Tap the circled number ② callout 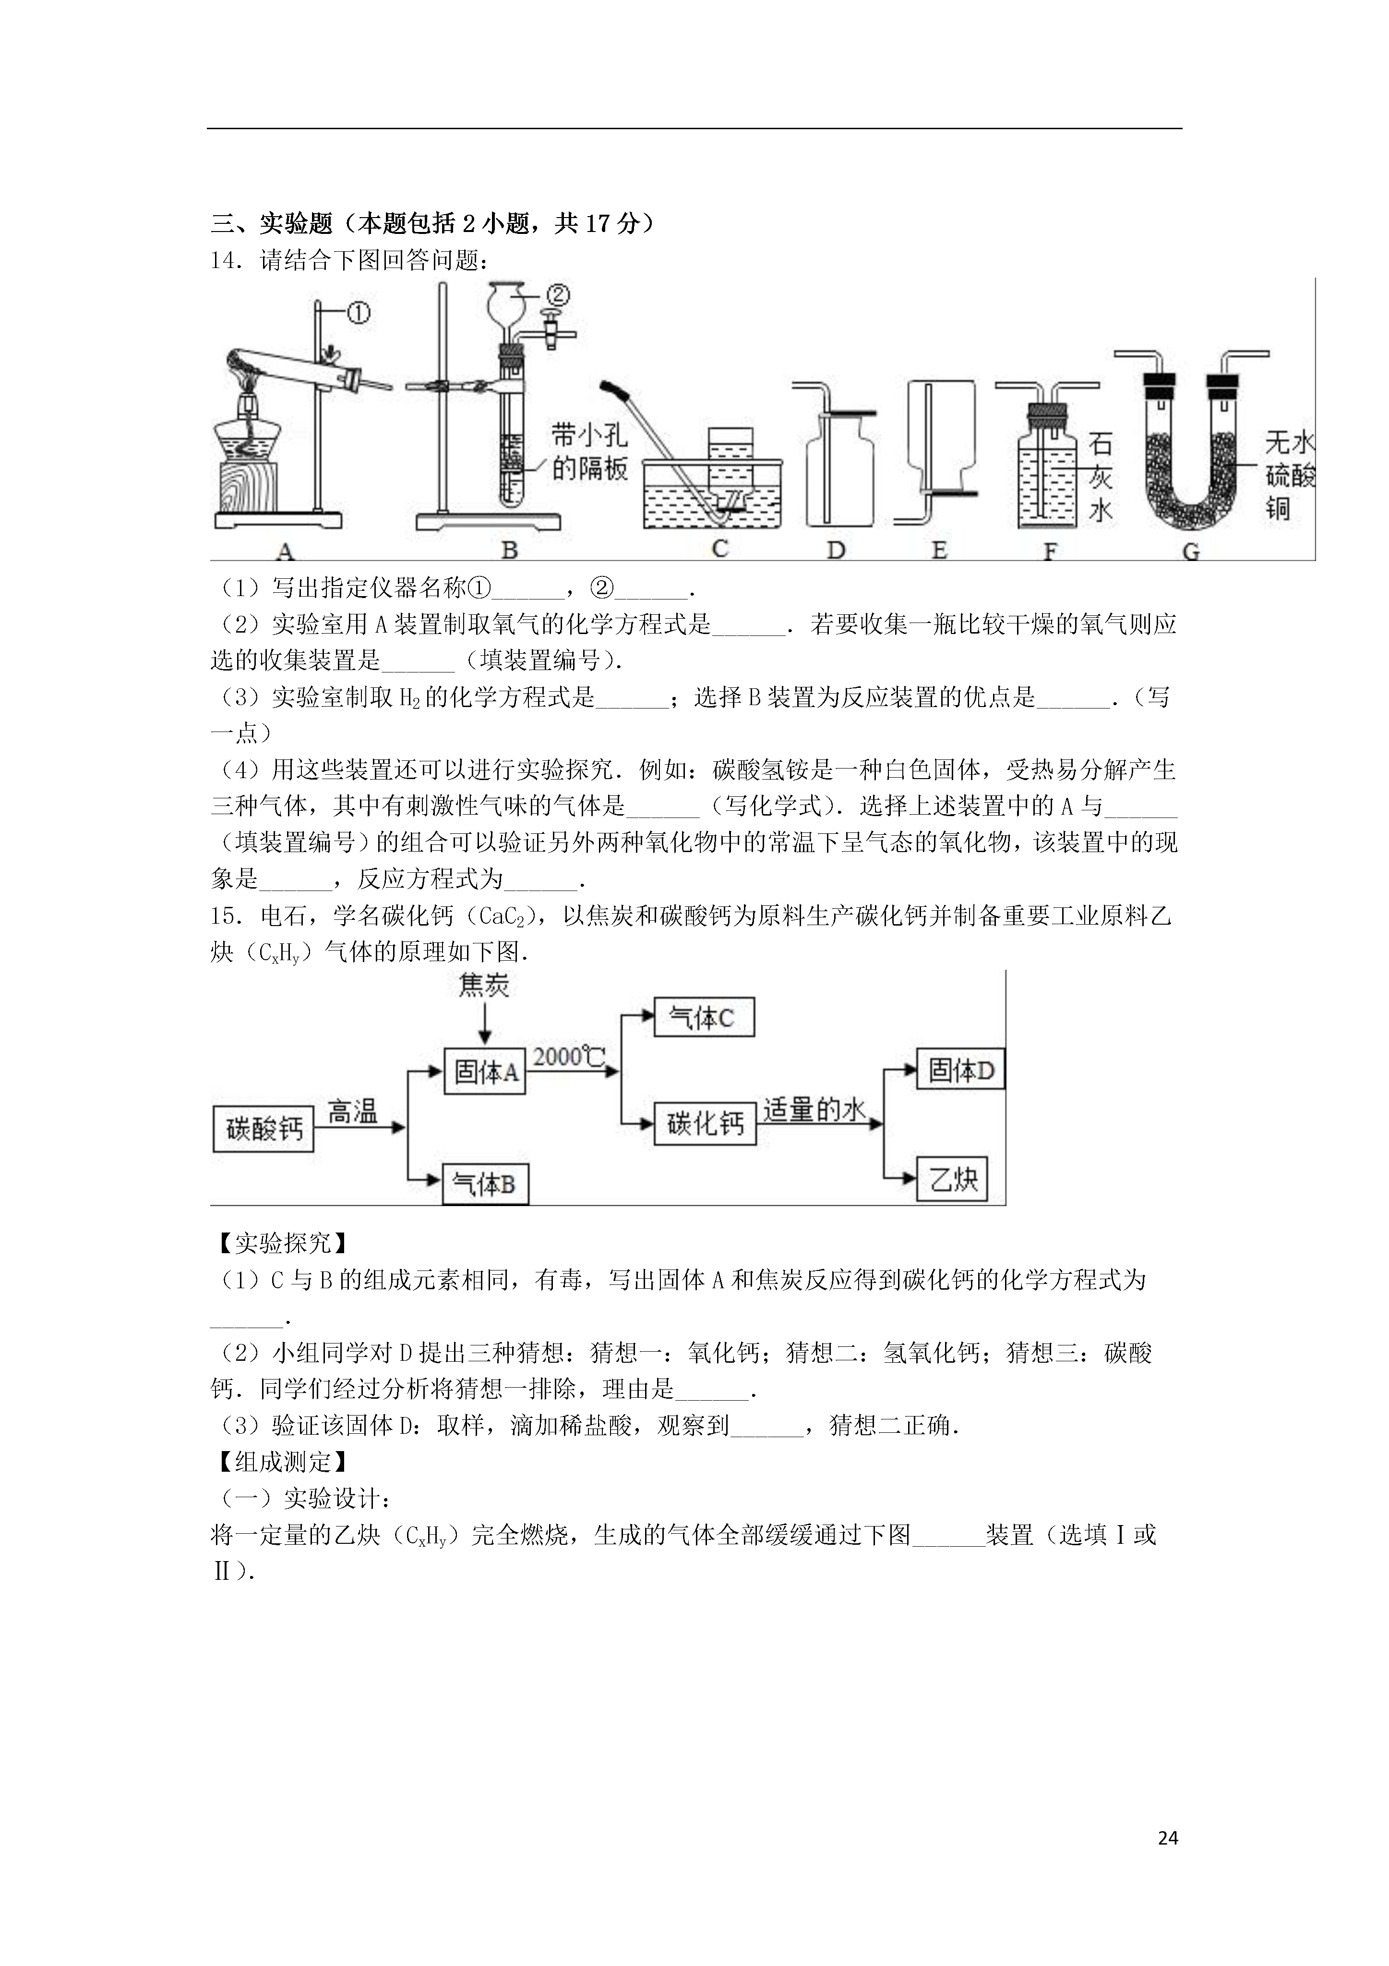[x=557, y=295]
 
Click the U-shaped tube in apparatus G [x=1190, y=454]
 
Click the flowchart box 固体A [x=484, y=1070]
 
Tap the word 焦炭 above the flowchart [x=484, y=987]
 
